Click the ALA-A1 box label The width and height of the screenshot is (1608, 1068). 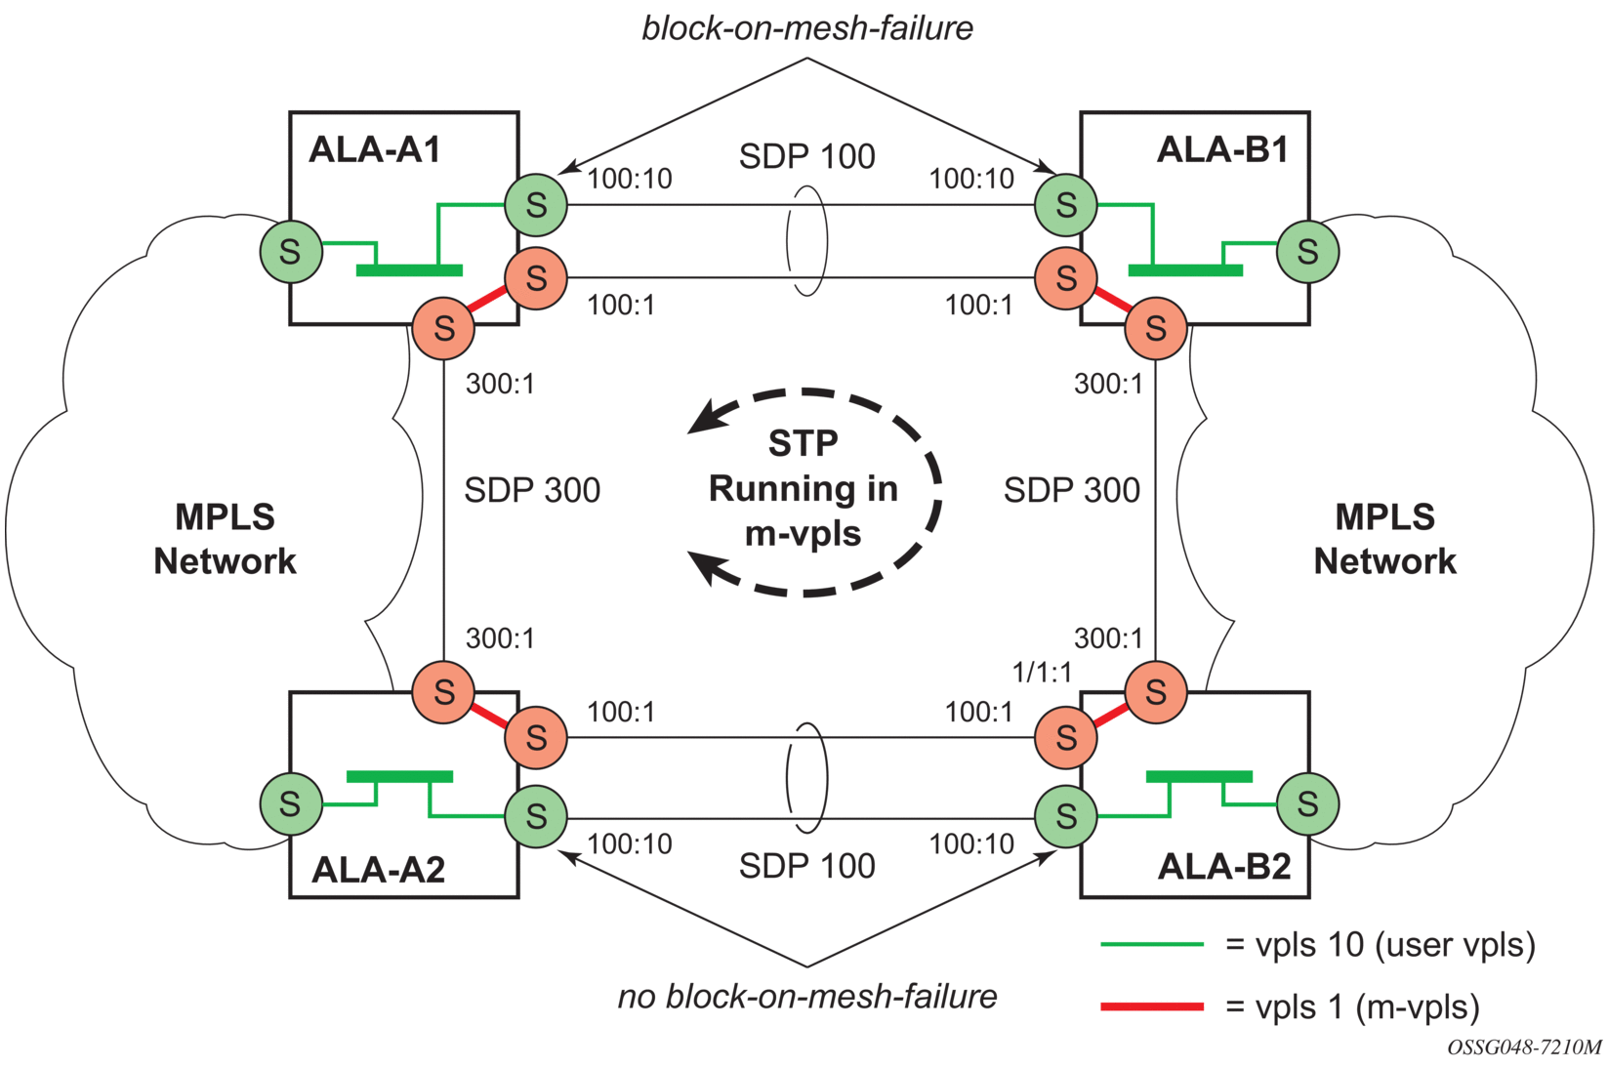pos(375,150)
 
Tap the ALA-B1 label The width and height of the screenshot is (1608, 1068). pos(1222,150)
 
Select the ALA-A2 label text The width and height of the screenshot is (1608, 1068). pos(378,870)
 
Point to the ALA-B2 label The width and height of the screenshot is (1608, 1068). pos(1224,867)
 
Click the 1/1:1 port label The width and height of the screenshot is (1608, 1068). pos(1042,673)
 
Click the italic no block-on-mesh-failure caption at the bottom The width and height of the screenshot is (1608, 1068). pos(807,996)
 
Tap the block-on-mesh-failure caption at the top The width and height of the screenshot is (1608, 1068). pos(807,28)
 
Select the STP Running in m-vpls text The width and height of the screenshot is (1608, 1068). pos(804,489)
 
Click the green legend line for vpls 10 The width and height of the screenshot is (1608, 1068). pos(1152,945)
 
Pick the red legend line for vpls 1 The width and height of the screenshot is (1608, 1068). pos(1152,1007)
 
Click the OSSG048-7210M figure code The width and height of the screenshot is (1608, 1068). pos(1524,1047)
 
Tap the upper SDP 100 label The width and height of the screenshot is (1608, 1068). pos(807,156)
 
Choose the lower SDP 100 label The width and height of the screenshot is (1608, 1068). pos(807,866)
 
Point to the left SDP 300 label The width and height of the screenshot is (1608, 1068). pos(532,490)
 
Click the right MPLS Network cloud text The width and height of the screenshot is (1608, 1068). pos(1384,538)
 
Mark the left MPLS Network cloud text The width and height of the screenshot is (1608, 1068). pos(225,538)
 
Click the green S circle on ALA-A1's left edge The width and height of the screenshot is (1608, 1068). pos(291,251)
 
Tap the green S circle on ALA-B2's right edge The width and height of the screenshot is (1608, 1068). pos(1308,803)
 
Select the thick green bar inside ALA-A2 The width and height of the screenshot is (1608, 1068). pos(400,777)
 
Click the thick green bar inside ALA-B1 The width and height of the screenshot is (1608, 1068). pos(1185,270)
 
